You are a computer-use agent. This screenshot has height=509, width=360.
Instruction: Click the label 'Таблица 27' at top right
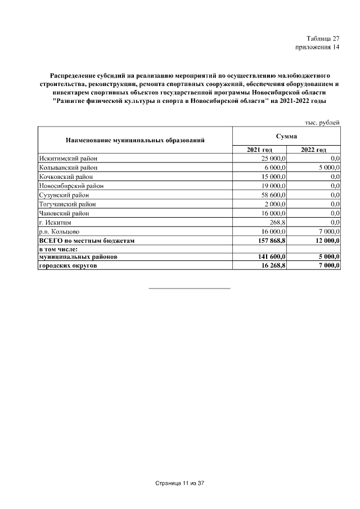323,39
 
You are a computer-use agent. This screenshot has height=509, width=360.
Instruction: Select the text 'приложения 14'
318,47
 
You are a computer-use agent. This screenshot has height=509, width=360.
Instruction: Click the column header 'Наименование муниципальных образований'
134,139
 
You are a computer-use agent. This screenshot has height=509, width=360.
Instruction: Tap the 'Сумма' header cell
286,136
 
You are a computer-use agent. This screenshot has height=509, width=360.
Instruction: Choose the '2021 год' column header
259,150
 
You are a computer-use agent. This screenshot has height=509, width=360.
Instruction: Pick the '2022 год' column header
313,150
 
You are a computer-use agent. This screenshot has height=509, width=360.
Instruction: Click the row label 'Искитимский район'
68,159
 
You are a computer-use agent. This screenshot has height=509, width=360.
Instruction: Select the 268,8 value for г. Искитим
277,222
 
